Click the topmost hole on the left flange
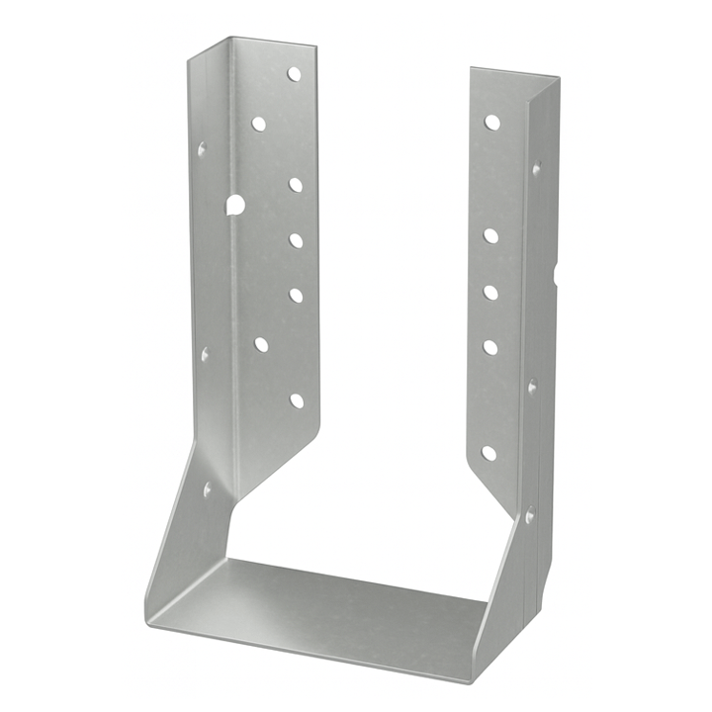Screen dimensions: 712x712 click(294, 74)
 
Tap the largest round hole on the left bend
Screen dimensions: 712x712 click(234, 205)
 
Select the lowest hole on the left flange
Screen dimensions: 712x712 click(297, 400)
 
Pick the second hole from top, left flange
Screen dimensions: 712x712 click(259, 124)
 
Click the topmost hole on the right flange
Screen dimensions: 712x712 click(491, 123)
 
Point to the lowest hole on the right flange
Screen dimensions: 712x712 click(489, 453)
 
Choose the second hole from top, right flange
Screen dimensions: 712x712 click(490, 235)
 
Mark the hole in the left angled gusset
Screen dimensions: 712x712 click(208, 489)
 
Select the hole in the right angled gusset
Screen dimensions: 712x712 click(529, 515)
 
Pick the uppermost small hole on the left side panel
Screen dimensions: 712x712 click(202, 150)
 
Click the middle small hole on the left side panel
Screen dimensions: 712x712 click(206, 353)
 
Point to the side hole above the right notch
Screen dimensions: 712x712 click(536, 169)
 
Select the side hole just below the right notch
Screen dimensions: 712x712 click(533, 387)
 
